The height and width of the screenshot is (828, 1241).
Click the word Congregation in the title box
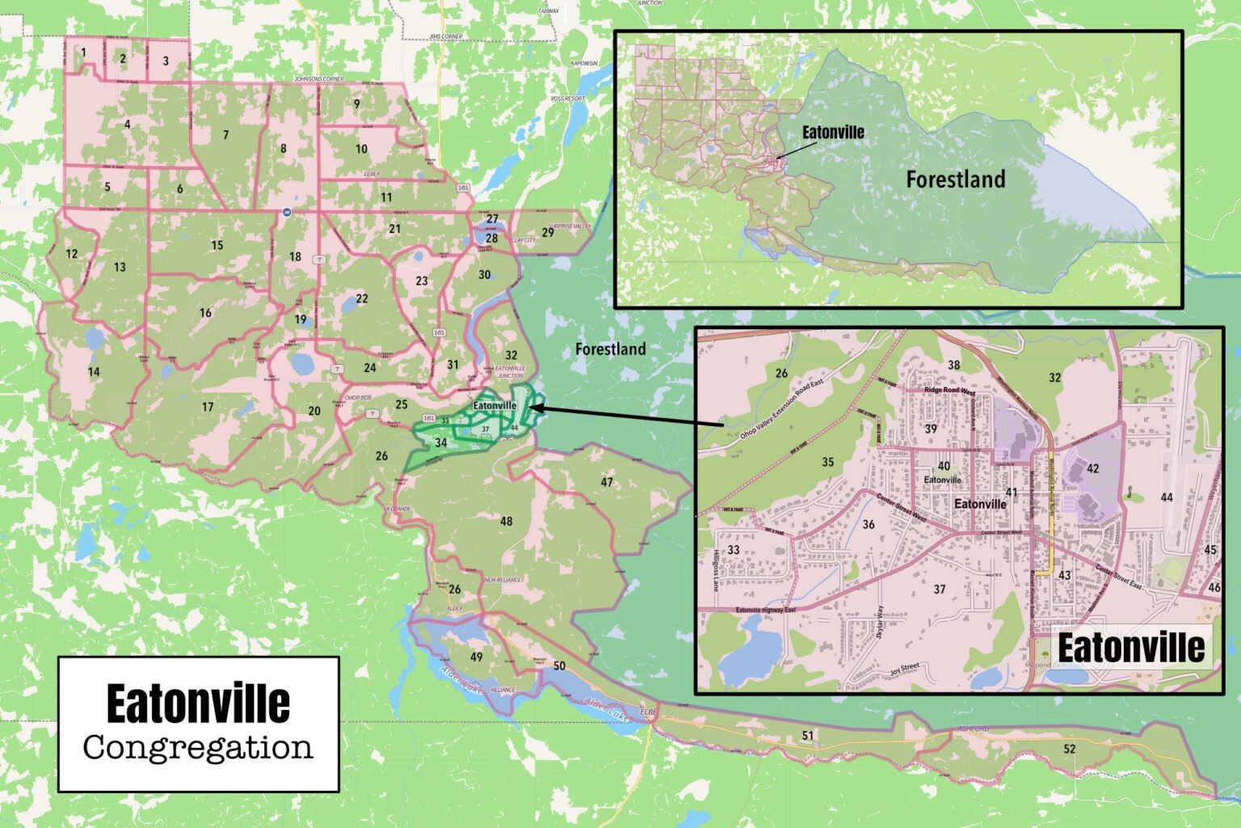[198, 748]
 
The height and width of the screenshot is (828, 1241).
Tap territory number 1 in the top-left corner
[83, 53]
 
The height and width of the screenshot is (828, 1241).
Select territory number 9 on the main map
[356, 103]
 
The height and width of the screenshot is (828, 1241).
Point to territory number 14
[94, 372]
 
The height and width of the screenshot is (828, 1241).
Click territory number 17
[208, 407]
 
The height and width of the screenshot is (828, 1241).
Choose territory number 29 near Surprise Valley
[548, 233]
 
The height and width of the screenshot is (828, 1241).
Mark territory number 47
[607, 482]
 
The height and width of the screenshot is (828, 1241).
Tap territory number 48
[506, 522]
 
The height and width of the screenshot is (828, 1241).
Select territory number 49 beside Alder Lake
[477, 657]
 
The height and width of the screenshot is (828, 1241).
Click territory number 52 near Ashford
[1069, 750]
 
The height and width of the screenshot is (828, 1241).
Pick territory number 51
[807, 735]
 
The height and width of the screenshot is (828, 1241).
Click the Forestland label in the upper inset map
[955, 180]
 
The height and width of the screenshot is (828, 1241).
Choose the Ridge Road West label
[949, 391]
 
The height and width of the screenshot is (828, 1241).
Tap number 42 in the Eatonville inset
[1092, 469]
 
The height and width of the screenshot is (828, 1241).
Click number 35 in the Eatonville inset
[827, 463]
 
